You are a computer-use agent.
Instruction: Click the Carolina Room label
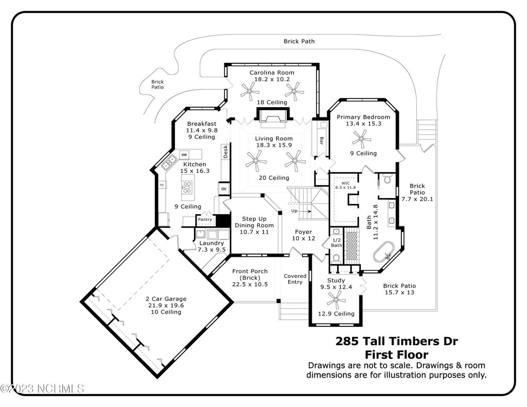click(272, 73)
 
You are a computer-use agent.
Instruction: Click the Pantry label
click(205, 220)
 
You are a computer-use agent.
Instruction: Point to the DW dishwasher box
click(184, 154)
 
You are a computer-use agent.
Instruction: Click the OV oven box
click(224, 189)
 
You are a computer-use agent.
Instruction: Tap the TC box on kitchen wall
click(162, 185)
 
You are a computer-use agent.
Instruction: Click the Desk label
click(225, 152)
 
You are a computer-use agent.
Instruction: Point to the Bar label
click(321, 141)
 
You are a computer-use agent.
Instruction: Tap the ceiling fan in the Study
click(336, 300)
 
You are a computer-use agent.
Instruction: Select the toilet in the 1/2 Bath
click(336, 258)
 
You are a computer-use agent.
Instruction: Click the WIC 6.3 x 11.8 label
click(345, 186)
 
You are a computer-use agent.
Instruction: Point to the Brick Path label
click(299, 41)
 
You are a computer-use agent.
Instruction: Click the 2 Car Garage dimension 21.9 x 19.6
click(166, 306)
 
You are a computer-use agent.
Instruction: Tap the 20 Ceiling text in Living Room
click(274, 178)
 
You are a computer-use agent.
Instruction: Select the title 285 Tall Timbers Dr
click(397, 341)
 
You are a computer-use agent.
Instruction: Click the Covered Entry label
click(295, 279)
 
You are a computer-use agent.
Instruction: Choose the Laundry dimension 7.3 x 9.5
click(212, 250)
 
